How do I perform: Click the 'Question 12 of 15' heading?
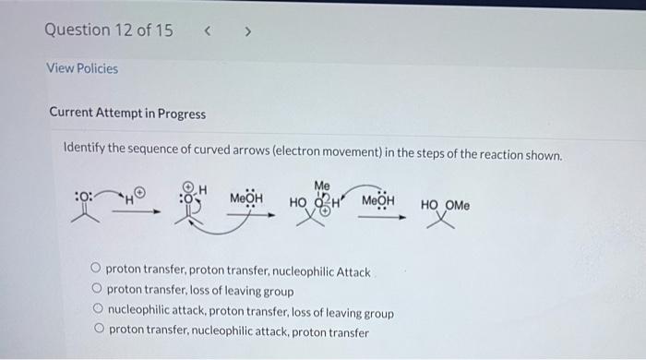click(108, 30)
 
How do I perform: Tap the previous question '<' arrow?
click(209, 30)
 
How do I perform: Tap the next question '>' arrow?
click(246, 30)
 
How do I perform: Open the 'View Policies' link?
click(82, 68)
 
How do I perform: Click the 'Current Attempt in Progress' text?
click(127, 114)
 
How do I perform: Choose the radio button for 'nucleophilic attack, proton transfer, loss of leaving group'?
click(96, 312)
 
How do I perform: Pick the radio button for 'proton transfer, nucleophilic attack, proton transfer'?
click(96, 331)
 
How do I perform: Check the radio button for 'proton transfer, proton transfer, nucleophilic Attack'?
click(96, 271)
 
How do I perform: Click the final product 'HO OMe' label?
click(445, 204)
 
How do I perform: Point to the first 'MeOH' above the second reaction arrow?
click(245, 198)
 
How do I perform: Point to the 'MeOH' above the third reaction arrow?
click(377, 200)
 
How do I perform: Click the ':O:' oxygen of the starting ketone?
click(82, 197)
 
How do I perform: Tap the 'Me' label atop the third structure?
click(321, 185)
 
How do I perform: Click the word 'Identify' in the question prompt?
click(86, 153)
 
